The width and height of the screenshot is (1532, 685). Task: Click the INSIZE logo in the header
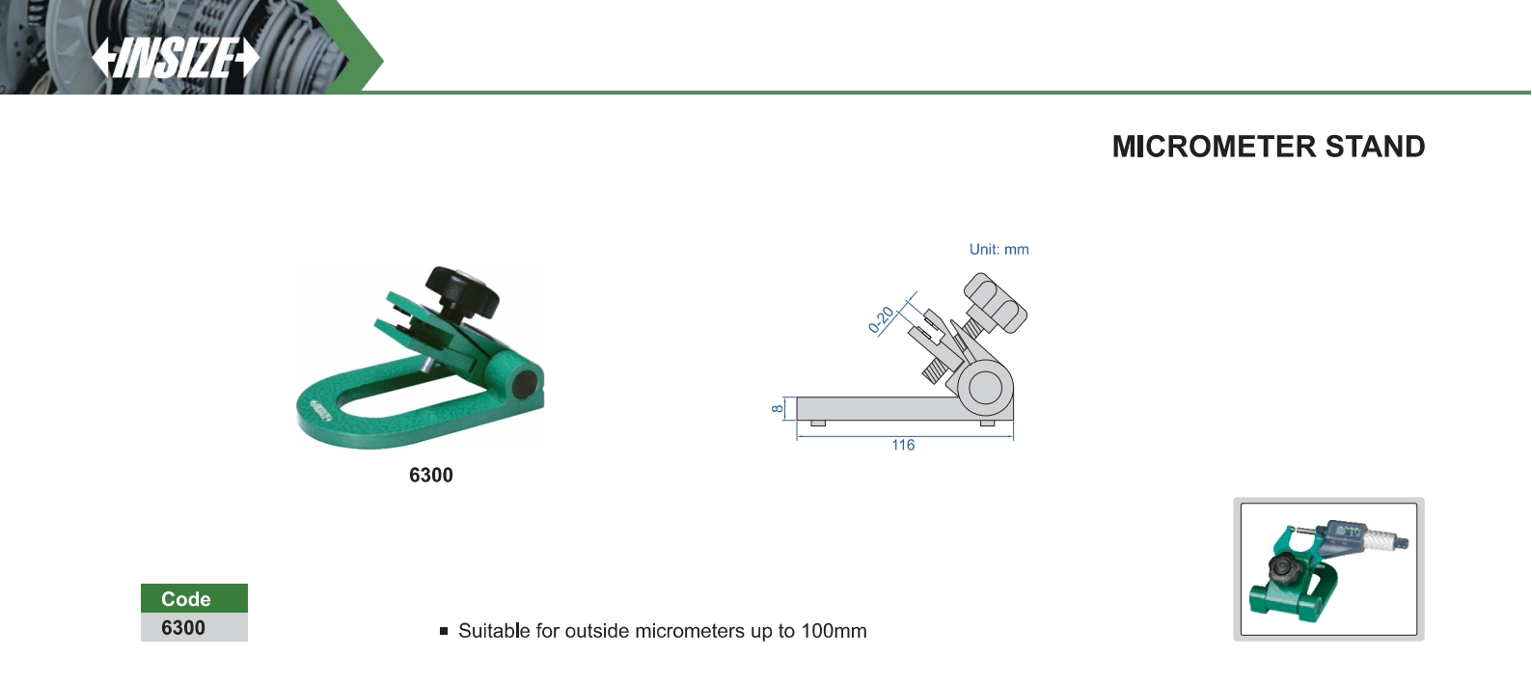pos(176,58)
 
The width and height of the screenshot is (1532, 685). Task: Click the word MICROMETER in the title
pos(1214,147)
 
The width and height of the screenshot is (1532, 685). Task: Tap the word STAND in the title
pos(1376,147)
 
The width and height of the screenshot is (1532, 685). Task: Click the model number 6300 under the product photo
pos(431,475)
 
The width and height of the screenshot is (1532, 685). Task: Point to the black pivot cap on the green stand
pos(525,383)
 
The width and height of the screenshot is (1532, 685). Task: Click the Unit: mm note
pos(999,250)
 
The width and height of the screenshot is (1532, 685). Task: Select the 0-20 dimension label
pos(881,320)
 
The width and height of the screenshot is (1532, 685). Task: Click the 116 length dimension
pos(903,445)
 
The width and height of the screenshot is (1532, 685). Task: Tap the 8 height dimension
pos(777,409)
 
